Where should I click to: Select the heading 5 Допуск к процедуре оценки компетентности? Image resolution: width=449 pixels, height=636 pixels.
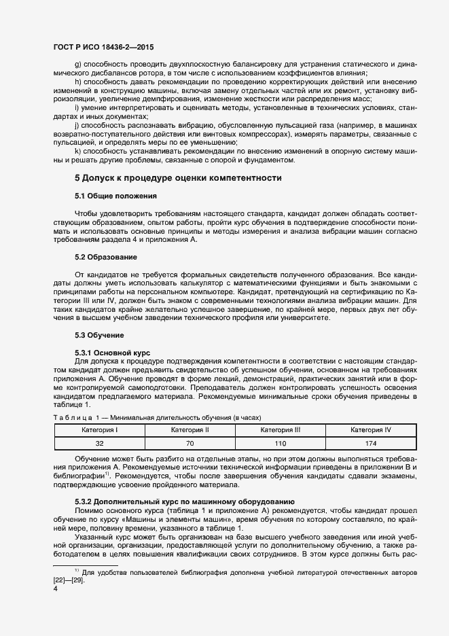(x=178, y=177)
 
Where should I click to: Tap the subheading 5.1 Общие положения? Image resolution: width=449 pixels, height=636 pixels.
(x=115, y=196)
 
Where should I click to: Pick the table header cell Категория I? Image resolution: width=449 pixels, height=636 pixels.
(x=100, y=430)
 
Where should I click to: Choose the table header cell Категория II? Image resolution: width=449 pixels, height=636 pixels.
(x=190, y=430)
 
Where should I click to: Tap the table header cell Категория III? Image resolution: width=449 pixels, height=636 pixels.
(x=280, y=430)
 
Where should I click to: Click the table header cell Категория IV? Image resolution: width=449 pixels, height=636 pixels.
(x=370, y=430)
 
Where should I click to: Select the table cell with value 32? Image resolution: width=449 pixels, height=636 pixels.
(x=100, y=443)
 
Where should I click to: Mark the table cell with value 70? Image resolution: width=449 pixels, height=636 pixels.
(x=190, y=443)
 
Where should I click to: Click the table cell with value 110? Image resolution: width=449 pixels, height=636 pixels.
(x=280, y=443)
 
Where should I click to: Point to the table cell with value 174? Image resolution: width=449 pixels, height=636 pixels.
(x=370, y=443)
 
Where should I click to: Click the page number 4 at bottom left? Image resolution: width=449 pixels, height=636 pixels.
(x=55, y=589)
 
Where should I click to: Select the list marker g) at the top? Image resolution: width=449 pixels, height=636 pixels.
(x=77, y=64)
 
